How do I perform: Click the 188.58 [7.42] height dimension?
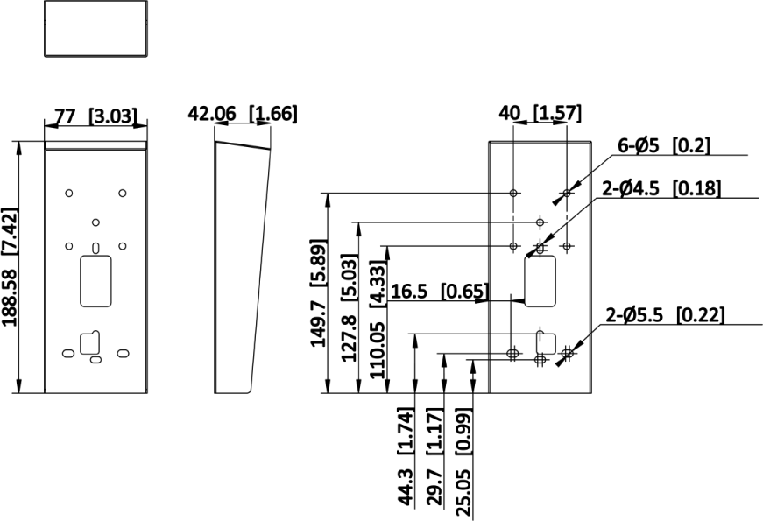coord(11,267)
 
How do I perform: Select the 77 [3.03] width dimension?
coord(95,116)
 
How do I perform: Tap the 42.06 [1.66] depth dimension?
coord(243,113)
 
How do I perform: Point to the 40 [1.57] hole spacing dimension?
coord(540,113)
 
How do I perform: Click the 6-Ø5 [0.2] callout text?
coord(664,145)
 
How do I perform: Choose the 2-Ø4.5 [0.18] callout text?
coord(661,188)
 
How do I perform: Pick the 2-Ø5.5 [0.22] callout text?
coord(665,315)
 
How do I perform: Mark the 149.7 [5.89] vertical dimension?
coord(319,292)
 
